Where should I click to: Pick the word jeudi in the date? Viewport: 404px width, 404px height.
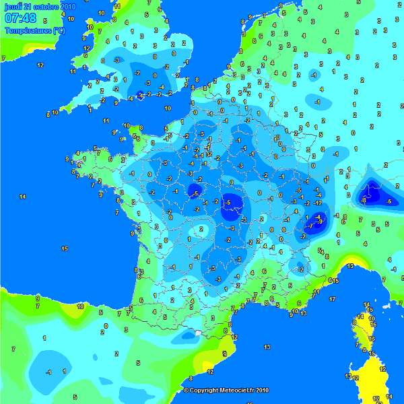click(12, 7)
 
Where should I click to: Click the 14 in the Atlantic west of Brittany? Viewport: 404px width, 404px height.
click(23, 196)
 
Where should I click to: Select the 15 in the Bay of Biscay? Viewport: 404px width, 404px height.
click(65, 248)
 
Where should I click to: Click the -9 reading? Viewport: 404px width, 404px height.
click(321, 221)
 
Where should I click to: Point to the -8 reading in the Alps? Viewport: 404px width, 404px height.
click(364, 200)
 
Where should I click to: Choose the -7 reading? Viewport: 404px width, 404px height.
click(310, 227)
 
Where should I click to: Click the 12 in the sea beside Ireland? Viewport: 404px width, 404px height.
click(40, 65)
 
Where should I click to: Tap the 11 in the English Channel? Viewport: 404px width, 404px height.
click(106, 121)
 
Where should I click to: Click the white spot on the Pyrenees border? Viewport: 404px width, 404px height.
click(195, 332)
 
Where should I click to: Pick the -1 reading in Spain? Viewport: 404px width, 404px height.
click(48, 372)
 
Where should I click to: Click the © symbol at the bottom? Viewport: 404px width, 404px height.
click(186, 390)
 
